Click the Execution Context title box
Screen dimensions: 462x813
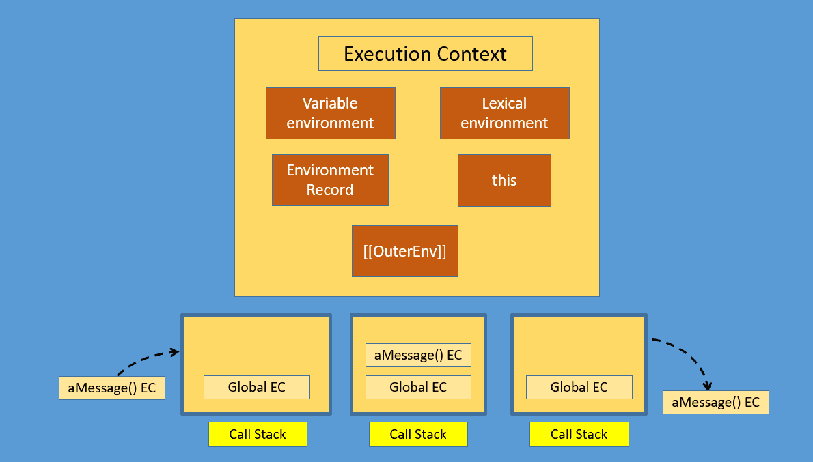(425, 54)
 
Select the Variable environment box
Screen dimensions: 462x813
(330, 113)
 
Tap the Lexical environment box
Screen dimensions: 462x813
(504, 113)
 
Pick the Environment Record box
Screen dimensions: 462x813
(330, 180)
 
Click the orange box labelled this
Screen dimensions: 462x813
(504, 180)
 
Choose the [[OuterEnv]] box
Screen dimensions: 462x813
(404, 251)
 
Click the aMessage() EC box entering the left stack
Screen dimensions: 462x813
(111, 388)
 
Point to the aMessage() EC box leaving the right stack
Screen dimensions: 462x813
(715, 402)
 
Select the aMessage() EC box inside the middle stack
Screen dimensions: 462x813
(418, 355)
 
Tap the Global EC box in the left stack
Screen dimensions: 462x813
(256, 387)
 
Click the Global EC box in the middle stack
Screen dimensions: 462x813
(418, 387)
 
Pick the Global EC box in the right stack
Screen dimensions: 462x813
(579, 387)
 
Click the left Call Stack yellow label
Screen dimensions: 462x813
(258, 434)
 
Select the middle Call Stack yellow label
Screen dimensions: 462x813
(418, 434)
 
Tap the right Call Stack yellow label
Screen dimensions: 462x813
(579, 434)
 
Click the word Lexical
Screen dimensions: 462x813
(504, 104)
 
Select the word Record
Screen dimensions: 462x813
(330, 190)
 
